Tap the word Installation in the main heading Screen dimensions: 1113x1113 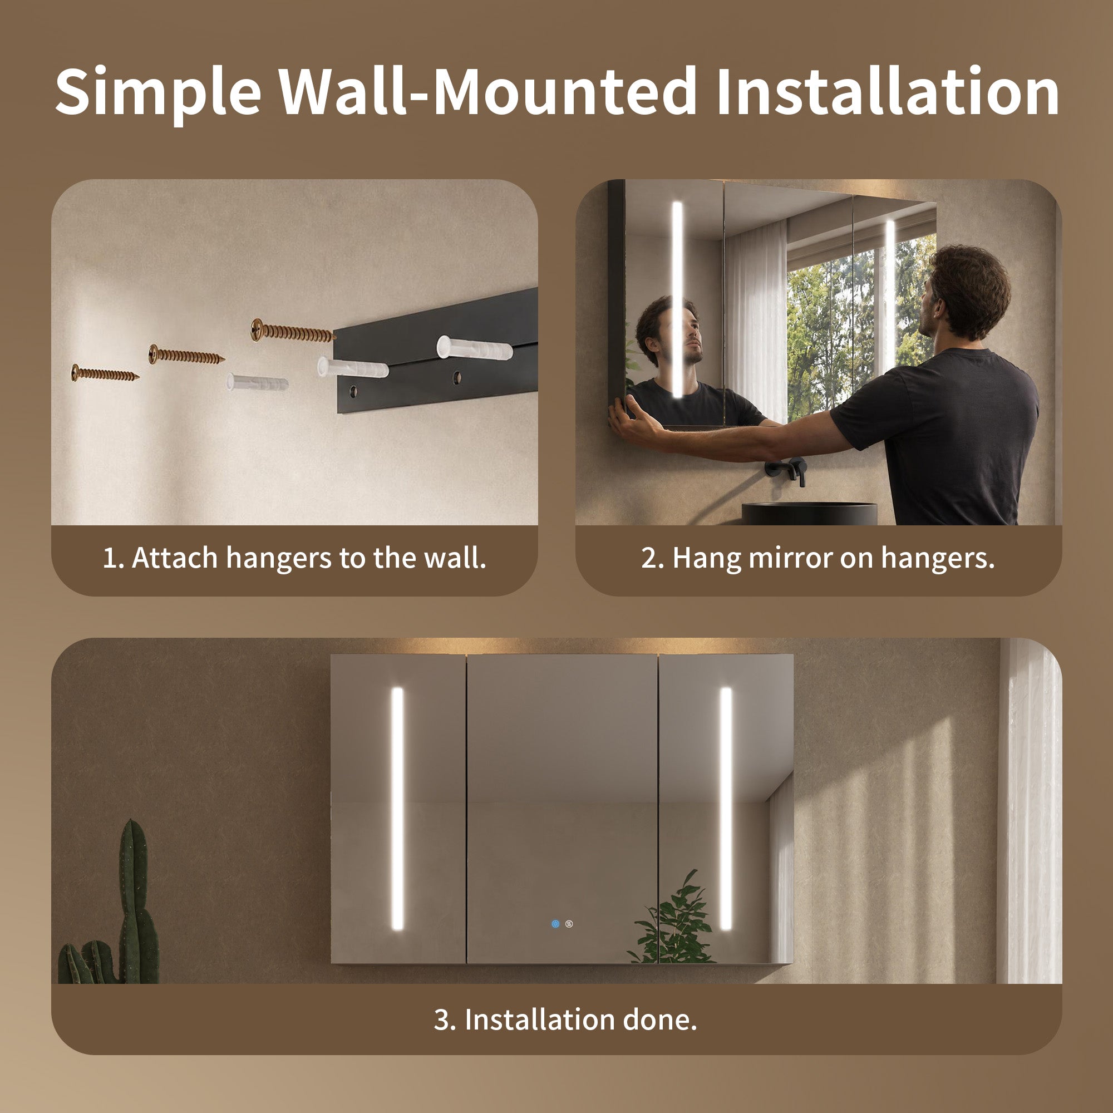(888, 91)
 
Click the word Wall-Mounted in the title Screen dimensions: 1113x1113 (489, 91)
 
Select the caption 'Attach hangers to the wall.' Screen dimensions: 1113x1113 (310, 558)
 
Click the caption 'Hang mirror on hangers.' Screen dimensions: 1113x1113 (834, 558)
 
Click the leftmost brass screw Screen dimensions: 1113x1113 (105, 373)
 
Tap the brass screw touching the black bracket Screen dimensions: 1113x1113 (293, 331)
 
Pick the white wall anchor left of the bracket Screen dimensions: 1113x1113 (258, 381)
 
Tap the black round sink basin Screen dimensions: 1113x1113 (809, 513)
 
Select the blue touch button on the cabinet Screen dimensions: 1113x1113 (555, 924)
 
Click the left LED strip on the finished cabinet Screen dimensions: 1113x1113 (397, 808)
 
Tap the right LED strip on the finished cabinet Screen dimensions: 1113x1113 (726, 808)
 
